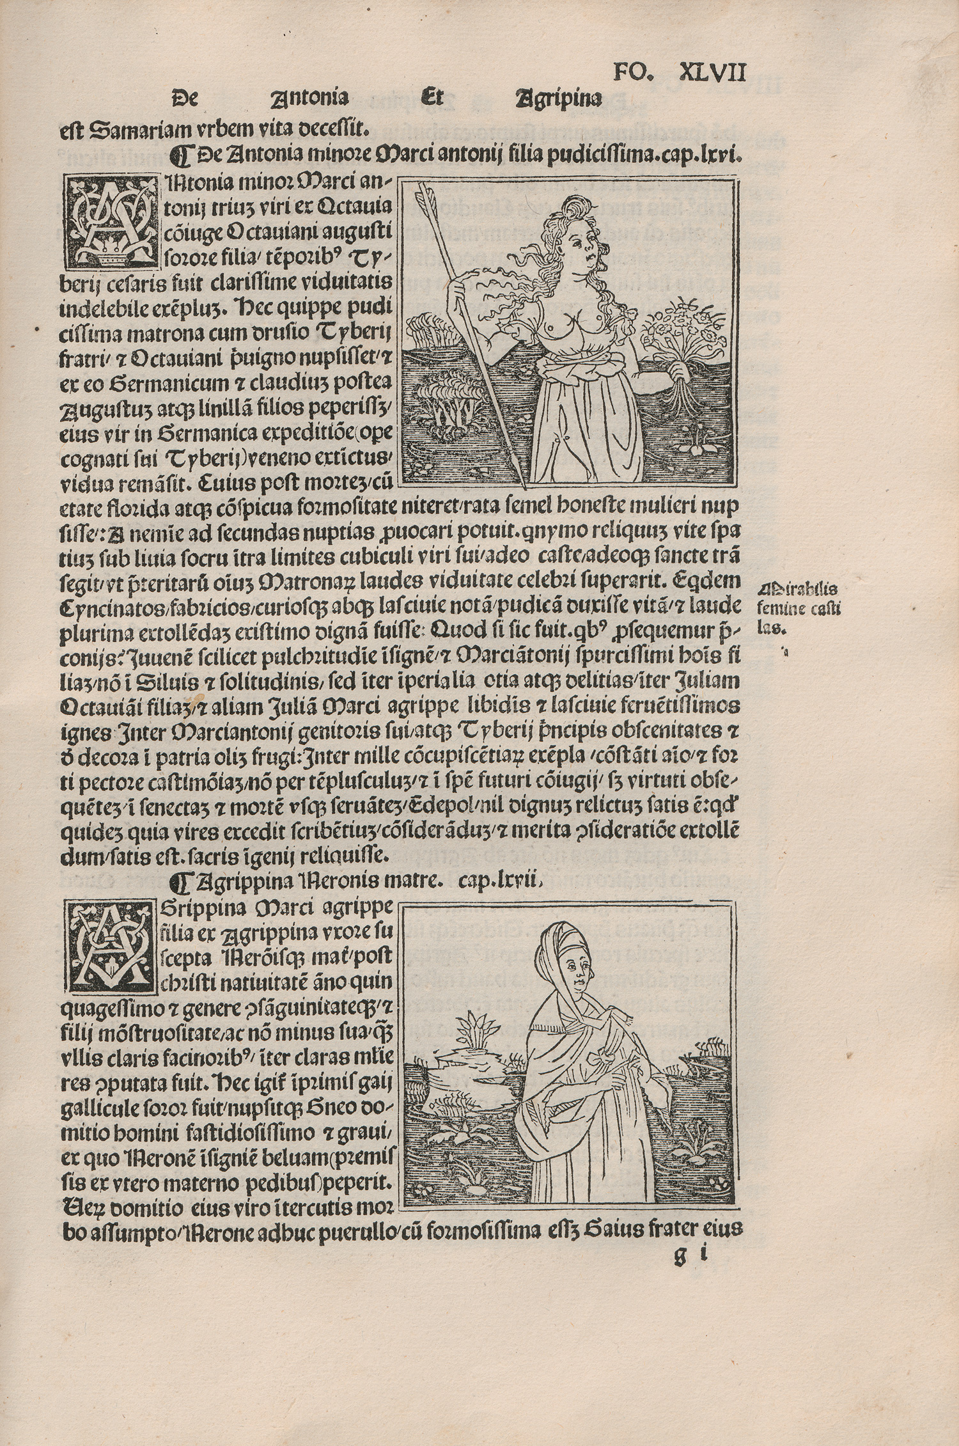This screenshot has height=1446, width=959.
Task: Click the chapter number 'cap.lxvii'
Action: pyautogui.click(x=502, y=883)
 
